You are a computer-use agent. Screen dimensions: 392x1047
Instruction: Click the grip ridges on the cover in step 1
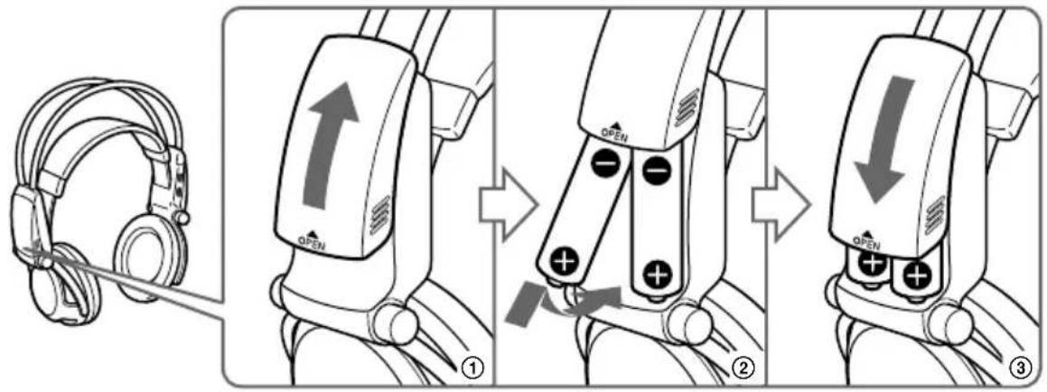379,213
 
